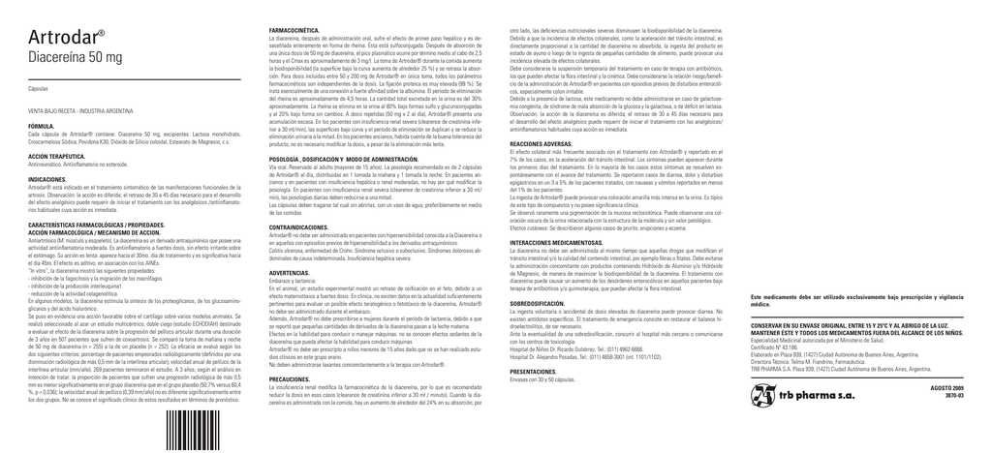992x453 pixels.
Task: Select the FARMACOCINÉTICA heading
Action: click(x=293, y=31)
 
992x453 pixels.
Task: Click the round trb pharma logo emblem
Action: click(x=763, y=423)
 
